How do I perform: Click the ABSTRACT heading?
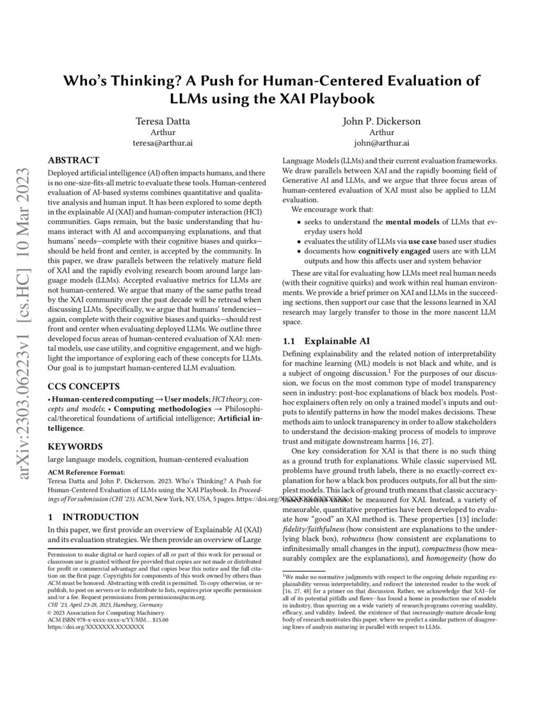point(74,161)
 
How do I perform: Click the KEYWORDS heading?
point(75,446)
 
